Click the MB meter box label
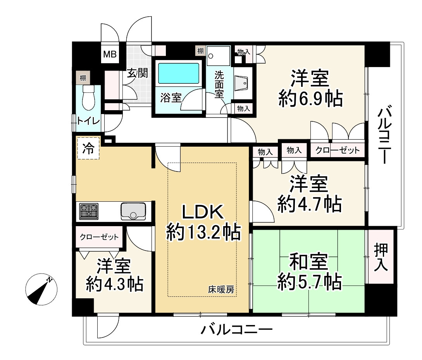[109, 55]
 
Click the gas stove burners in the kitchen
[89, 211]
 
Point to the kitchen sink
[133, 211]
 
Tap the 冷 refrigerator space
[88, 148]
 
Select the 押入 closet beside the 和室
[381, 257]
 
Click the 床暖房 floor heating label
[222, 289]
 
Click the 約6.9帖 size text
[310, 99]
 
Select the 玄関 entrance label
[138, 74]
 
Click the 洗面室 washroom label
[220, 83]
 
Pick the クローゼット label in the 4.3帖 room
[99, 237]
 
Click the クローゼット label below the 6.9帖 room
[338, 150]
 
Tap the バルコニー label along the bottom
[237, 330]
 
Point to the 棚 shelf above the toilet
[83, 78]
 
